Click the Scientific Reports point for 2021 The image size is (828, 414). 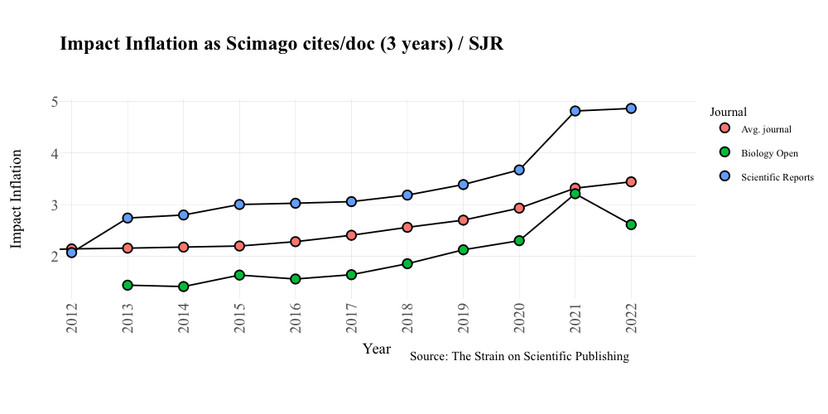pos(575,111)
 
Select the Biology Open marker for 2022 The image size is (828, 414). pos(631,224)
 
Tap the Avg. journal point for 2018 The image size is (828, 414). pos(407,227)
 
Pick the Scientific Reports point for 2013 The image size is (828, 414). pos(128,218)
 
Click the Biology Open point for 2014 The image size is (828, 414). pos(183,286)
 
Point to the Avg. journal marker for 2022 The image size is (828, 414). pos(631,181)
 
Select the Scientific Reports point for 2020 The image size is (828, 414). pos(519,170)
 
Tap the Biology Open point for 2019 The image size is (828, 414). pos(463,249)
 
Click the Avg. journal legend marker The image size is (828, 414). pos(725,128)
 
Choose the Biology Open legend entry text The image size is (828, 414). pos(769,153)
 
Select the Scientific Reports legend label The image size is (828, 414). pos(777,177)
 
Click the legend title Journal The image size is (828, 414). pos(729,112)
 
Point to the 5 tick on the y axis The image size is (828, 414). pos(54,102)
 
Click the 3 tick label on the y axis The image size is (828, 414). pos(54,205)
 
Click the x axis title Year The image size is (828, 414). pos(377,349)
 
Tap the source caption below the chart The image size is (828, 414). pos(519,357)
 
